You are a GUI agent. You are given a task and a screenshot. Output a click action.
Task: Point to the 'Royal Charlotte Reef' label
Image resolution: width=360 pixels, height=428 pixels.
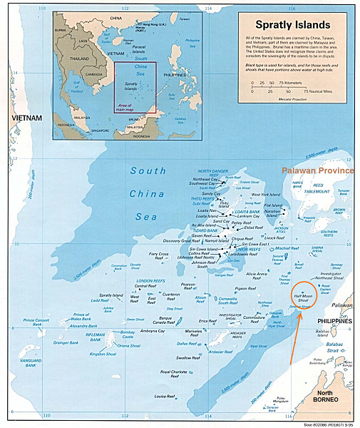(x=175, y=373)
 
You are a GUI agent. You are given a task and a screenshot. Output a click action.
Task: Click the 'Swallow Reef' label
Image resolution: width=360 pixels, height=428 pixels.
(x=188, y=357)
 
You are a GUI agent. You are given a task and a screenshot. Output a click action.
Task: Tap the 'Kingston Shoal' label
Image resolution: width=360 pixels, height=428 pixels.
(x=102, y=354)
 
